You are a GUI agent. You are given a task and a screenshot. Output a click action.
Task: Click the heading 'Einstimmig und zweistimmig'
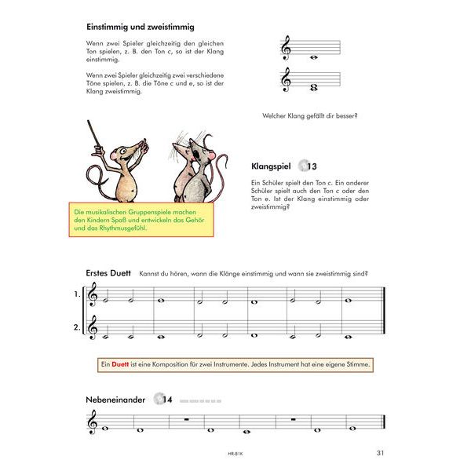point(140,27)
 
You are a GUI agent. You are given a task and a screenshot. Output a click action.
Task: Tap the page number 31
point(380,452)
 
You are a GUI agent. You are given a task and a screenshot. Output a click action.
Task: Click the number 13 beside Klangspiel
point(312,166)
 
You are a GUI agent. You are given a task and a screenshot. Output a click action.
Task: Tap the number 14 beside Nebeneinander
point(166,400)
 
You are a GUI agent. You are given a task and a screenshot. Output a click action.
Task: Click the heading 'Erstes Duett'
point(108,273)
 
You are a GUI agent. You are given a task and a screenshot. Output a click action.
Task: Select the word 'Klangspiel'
point(271,166)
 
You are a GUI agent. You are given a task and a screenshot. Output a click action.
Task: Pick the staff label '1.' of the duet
point(77,294)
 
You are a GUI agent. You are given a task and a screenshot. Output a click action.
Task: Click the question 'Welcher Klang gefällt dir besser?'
point(311,116)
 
